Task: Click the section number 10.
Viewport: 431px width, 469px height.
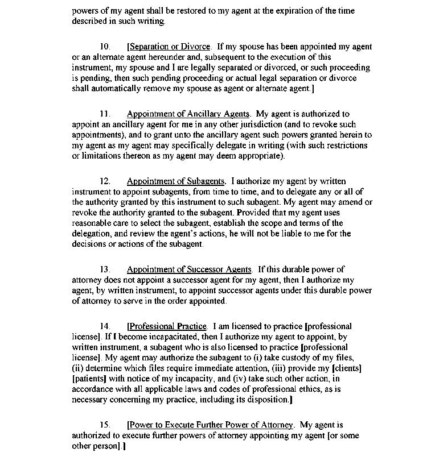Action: coord(105,47)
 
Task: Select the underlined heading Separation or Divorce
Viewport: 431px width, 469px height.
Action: coord(170,47)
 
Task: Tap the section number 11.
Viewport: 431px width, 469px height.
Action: coord(105,114)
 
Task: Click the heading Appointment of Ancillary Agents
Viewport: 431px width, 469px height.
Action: coord(188,114)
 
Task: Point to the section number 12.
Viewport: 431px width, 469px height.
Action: coord(105,181)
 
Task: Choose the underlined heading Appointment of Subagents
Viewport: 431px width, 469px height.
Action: coord(175,181)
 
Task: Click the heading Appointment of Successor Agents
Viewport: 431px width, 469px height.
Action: coord(188,269)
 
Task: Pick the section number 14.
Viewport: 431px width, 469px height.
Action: coord(105,326)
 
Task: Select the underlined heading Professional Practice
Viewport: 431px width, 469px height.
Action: coord(168,326)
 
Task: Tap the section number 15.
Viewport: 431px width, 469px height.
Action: coord(105,425)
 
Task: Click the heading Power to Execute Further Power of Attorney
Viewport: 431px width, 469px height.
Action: coord(211,425)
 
